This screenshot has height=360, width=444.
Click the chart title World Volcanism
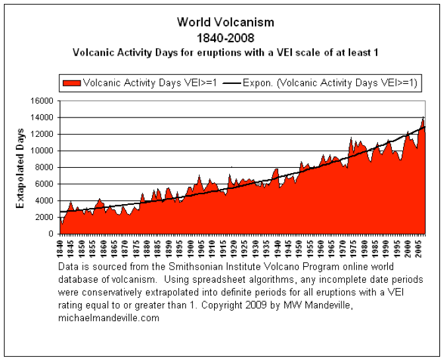(225, 22)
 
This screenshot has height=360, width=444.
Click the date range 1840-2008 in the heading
(225, 37)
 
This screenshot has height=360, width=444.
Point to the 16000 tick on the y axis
(42, 101)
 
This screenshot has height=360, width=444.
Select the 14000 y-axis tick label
(42, 118)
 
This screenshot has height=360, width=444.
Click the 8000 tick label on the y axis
(45, 168)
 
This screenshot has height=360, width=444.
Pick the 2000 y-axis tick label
(45, 217)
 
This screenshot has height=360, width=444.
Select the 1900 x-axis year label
(190, 247)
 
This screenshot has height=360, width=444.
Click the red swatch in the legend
(72, 83)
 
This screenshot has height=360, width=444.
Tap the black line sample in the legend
(231, 83)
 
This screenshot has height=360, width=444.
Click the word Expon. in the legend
(254, 83)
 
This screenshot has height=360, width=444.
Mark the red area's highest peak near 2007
(423, 118)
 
